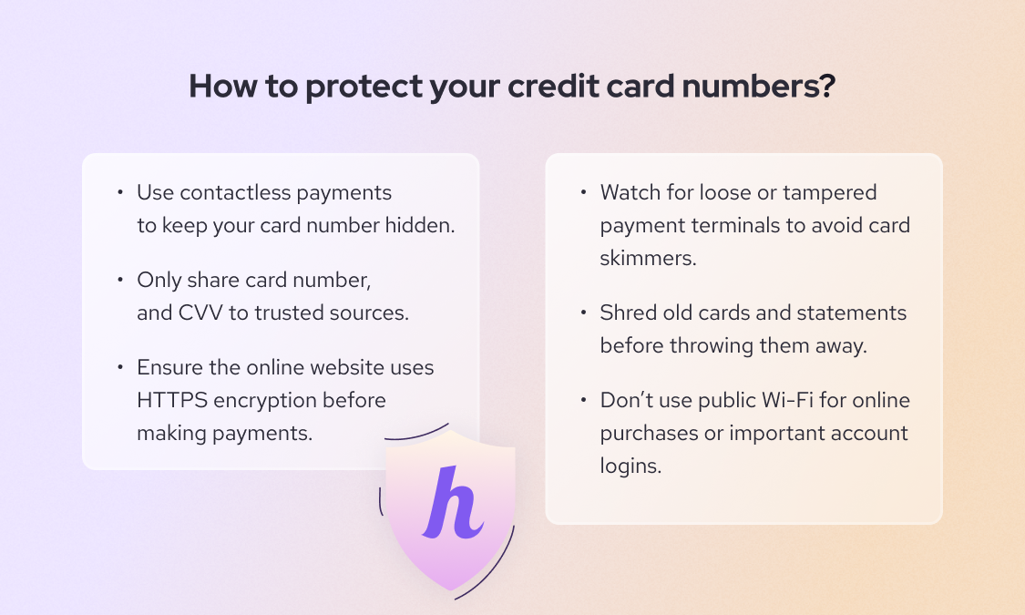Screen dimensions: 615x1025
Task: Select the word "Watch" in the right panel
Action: pyautogui.click(x=630, y=193)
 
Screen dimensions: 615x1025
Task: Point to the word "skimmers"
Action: pyautogui.click(x=648, y=258)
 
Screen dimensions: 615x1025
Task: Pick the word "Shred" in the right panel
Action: pyautogui.click(x=627, y=313)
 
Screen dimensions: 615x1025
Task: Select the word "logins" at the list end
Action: pyautogui.click(x=630, y=466)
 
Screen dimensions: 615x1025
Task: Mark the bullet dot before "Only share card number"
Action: pyautogui.click(x=119, y=280)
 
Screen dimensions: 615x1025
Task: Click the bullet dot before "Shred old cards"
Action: pyautogui.click(x=582, y=313)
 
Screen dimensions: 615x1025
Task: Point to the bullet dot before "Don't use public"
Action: pyautogui.click(x=582, y=400)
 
